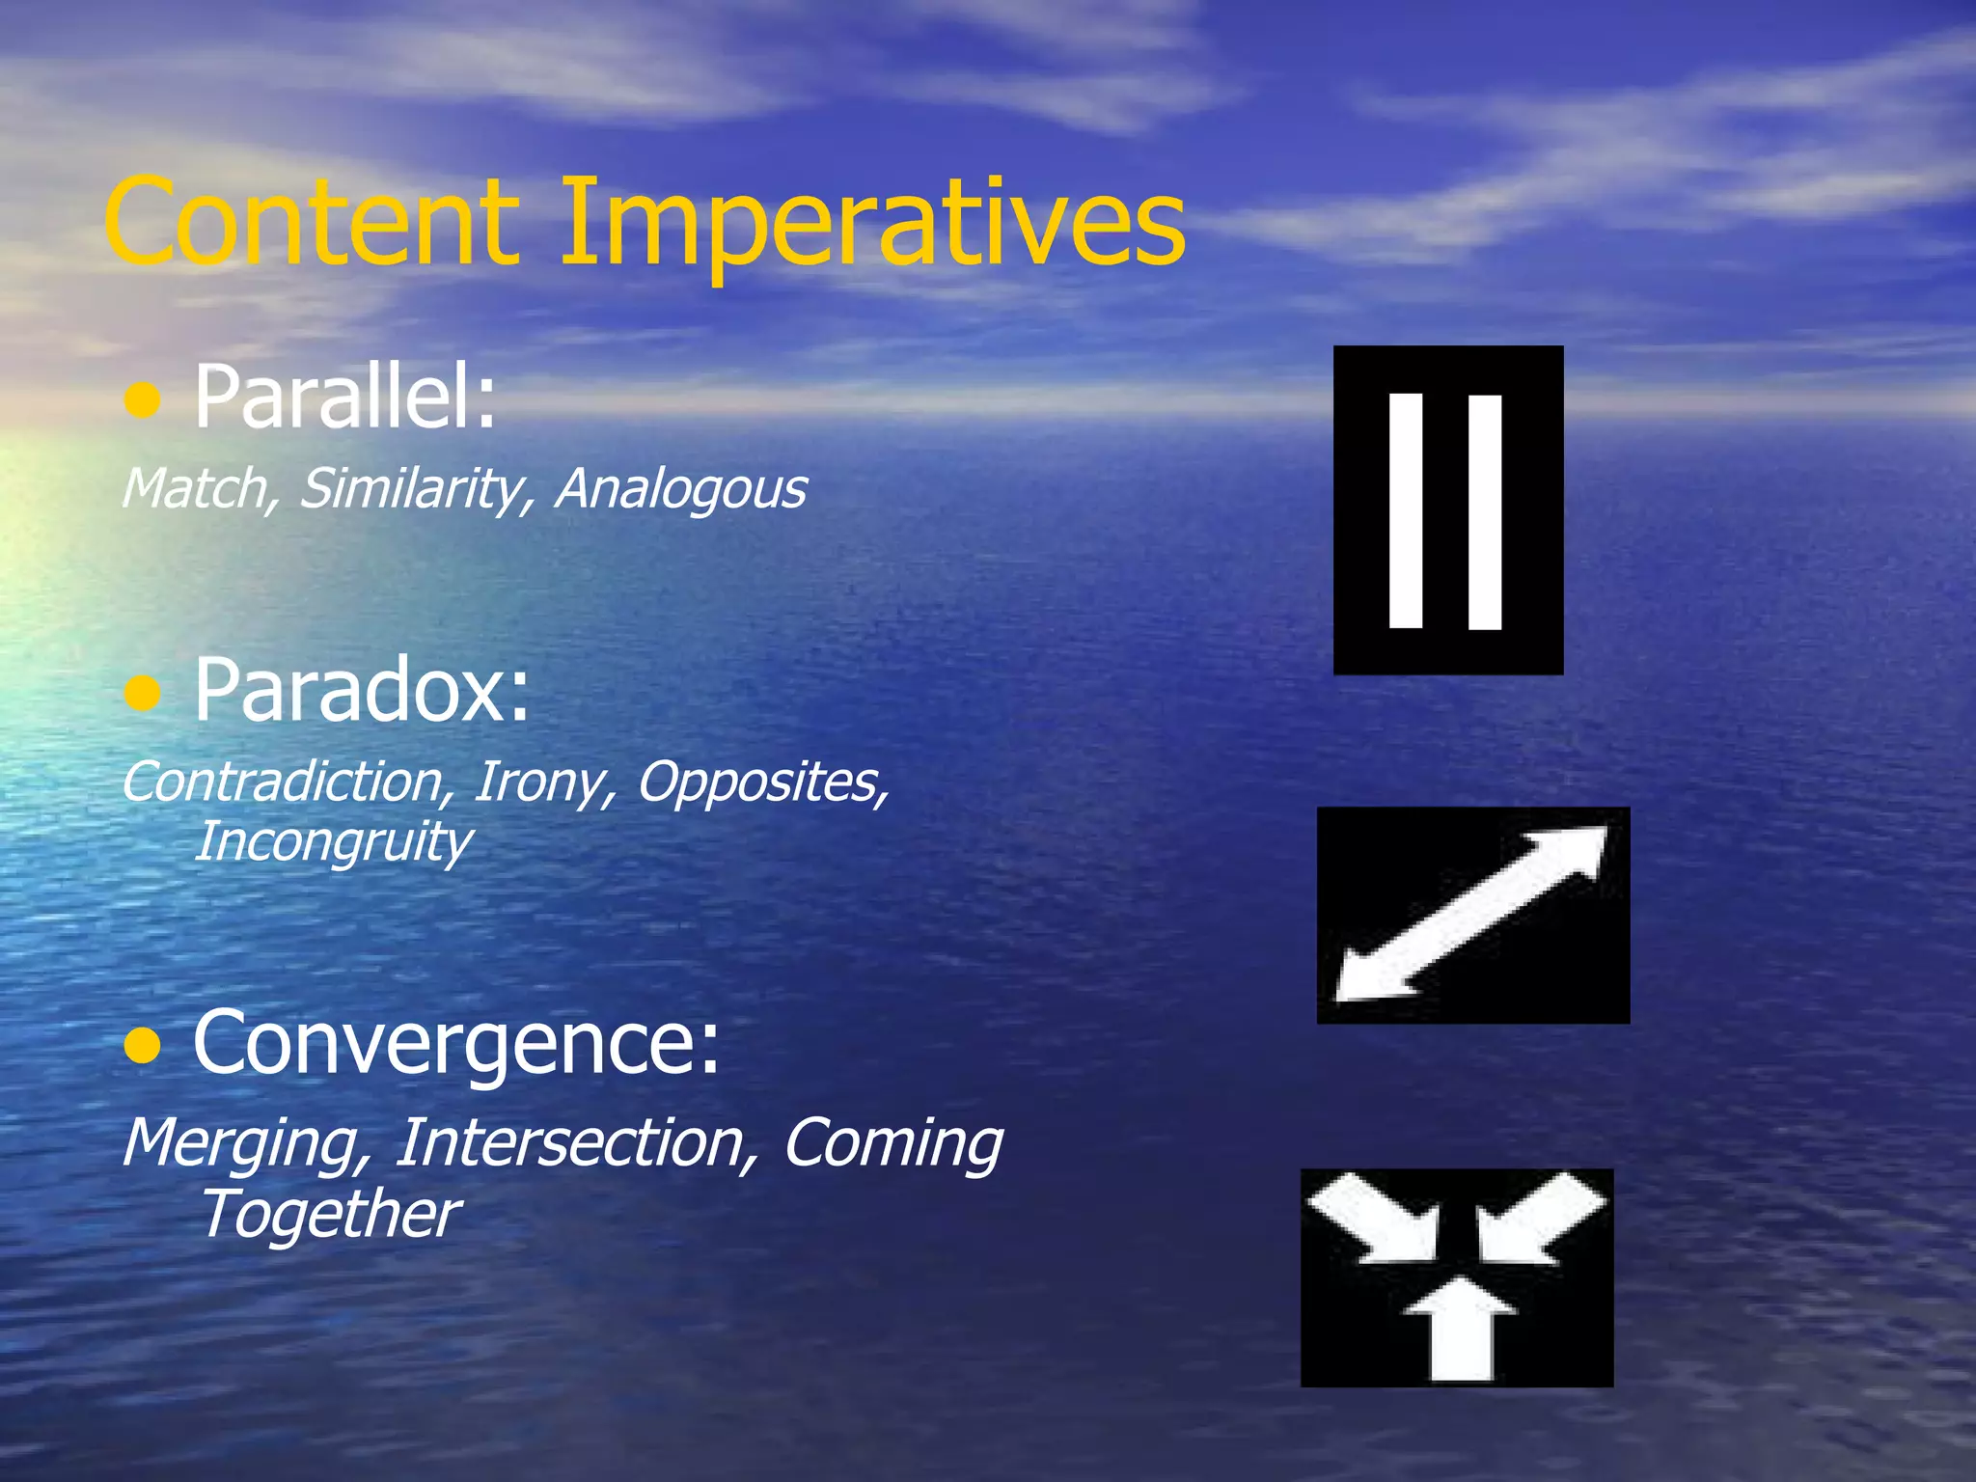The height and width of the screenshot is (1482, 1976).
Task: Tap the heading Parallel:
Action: [x=345, y=397]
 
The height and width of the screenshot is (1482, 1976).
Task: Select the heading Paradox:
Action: [x=362, y=690]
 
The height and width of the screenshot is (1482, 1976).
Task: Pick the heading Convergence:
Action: [x=455, y=1042]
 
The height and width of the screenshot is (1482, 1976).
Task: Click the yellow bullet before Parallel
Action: [x=143, y=399]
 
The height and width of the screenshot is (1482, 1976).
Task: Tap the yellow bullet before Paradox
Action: [x=143, y=693]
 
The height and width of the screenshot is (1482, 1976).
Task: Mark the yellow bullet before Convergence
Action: [x=143, y=1045]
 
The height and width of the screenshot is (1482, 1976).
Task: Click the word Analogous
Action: [x=681, y=488]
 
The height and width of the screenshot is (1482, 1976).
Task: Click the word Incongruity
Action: [x=333, y=842]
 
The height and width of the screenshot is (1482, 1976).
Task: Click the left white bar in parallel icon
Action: [x=1406, y=510]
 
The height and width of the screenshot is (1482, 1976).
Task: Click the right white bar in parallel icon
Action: [x=1485, y=511]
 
